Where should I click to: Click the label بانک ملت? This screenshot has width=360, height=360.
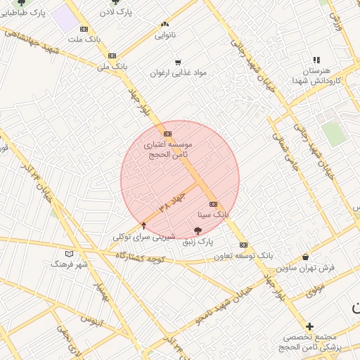[81, 39]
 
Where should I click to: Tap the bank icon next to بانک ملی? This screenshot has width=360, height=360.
[112, 56]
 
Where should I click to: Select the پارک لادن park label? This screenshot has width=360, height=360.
[115, 12]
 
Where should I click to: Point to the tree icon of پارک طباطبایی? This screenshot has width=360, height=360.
[21, 3]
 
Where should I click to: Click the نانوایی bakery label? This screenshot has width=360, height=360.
[165, 34]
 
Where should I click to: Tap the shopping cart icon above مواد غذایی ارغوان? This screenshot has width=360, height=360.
[177, 62]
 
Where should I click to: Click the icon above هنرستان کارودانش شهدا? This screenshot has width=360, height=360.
[316, 60]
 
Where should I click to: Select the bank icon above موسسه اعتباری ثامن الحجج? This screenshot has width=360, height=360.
[167, 134]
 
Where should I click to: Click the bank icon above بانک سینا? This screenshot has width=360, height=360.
[214, 204]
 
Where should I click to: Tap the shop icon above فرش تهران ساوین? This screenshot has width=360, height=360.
[305, 257]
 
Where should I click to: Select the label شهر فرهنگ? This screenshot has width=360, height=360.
[69, 264]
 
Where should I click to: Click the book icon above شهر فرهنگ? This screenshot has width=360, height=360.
[69, 254]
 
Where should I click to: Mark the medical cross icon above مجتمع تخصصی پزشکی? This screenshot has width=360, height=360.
[309, 326]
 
